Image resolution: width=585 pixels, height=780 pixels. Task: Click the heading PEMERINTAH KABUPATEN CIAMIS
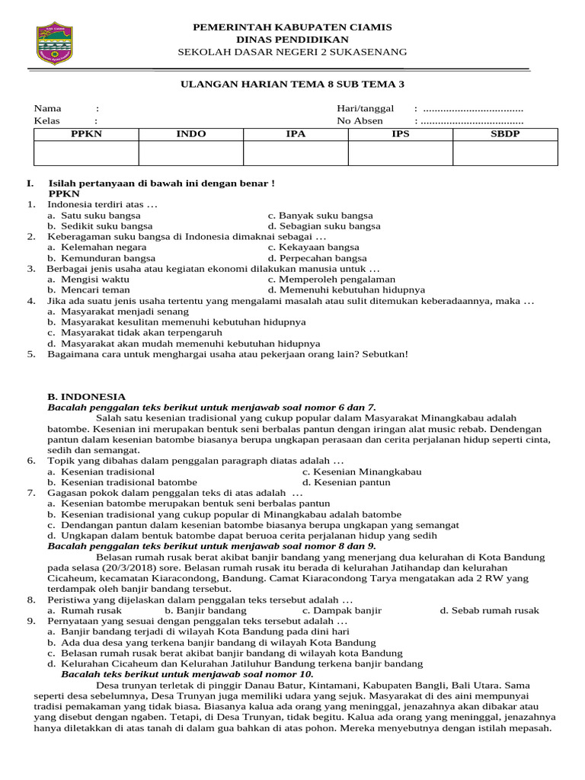(292, 27)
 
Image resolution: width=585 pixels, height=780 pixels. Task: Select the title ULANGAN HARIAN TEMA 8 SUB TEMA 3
(292, 84)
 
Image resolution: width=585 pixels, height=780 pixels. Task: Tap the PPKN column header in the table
(86, 134)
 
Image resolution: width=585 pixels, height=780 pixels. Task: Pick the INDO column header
(191, 134)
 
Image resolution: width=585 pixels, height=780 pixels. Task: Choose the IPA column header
(296, 134)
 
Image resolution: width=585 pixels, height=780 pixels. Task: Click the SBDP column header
(505, 134)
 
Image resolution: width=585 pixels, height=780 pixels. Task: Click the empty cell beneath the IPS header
(400, 153)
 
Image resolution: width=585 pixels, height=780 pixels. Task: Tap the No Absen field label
(360, 120)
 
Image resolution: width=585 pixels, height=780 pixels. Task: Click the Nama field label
(47, 108)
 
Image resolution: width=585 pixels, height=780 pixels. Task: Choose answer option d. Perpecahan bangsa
(318, 258)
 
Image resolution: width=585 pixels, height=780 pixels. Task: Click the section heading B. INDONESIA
(86, 397)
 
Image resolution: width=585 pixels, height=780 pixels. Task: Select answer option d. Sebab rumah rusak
(489, 610)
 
